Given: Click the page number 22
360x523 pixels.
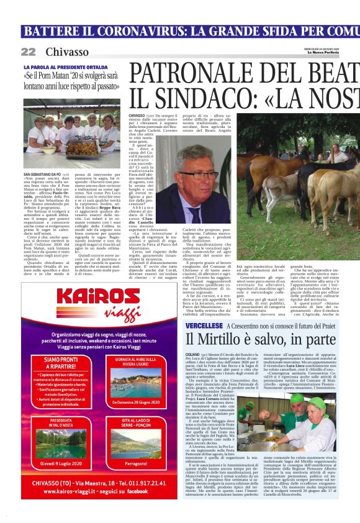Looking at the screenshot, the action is [x=28, y=52].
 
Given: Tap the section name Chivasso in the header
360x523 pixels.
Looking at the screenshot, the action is [x=66, y=52].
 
